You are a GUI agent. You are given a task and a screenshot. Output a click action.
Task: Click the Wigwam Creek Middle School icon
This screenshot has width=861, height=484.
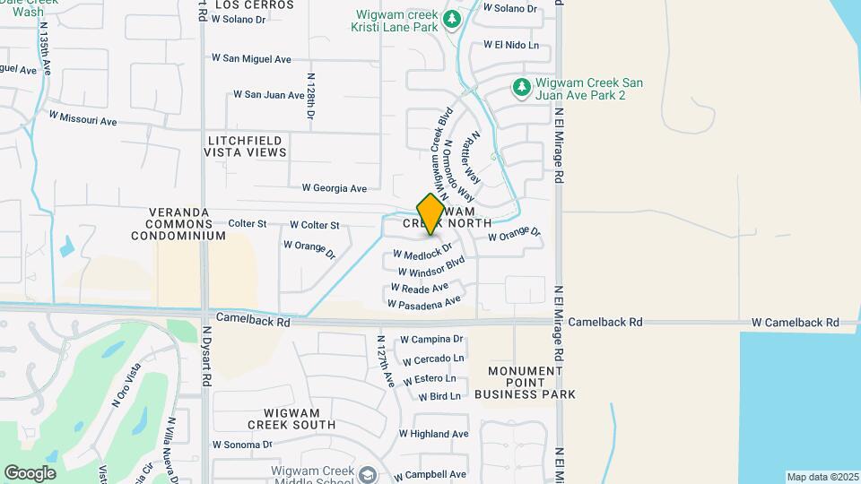(366, 474)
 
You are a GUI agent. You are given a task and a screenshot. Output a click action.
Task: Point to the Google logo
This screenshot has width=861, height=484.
(30, 472)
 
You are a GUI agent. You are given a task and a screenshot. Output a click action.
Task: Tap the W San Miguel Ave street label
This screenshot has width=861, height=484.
(252, 58)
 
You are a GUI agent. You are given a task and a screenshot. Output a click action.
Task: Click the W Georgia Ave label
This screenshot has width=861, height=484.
(335, 188)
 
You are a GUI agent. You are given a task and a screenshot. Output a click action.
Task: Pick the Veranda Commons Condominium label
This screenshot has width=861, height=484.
(178, 224)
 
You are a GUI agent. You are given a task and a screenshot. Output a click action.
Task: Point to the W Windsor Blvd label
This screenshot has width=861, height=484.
(431, 267)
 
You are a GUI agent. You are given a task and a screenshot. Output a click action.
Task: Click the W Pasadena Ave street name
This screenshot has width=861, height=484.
(424, 302)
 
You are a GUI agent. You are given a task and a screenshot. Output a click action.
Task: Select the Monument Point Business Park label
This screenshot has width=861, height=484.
(531, 383)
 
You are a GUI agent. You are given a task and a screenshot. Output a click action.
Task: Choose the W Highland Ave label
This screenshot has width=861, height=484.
(434, 434)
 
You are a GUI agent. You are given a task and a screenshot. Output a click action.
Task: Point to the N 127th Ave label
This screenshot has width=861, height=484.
(386, 361)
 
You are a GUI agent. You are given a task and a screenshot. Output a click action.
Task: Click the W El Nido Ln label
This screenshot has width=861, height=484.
(511, 44)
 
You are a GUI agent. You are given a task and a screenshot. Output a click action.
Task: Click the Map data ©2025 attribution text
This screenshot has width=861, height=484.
(822, 477)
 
